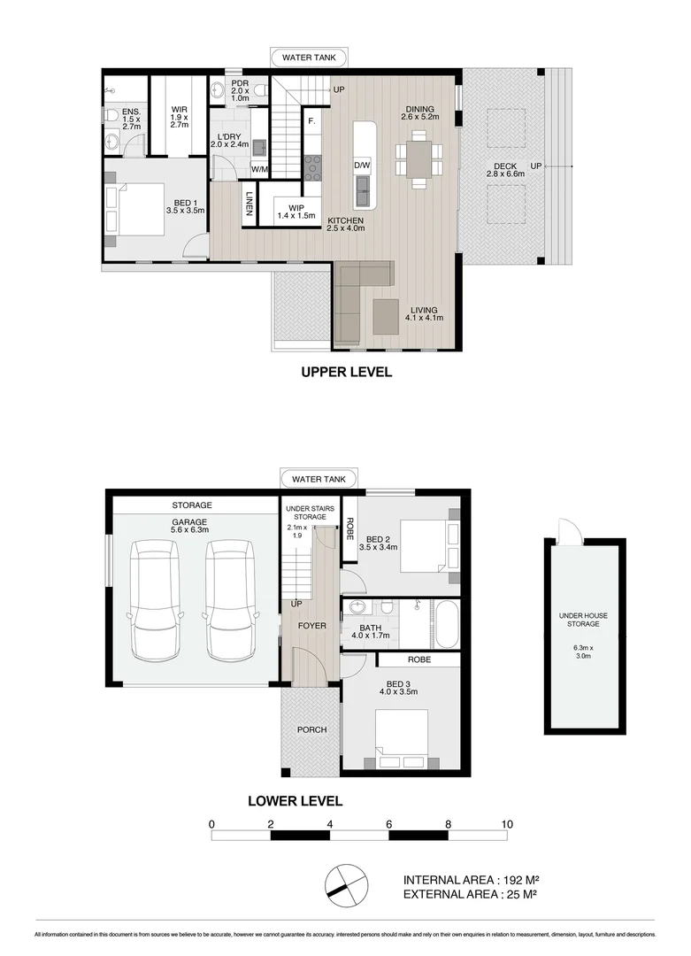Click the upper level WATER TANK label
309,58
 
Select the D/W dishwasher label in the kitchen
362,166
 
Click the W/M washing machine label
259,169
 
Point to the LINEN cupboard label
250,204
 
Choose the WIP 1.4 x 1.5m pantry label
296,212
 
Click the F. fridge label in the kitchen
311,121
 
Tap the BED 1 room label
185,206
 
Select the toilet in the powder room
260,90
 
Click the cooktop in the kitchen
312,167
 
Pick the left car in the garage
155,601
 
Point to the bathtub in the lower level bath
447,623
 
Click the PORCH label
312,729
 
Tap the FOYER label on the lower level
312,626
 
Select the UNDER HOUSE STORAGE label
583,620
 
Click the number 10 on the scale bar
507,824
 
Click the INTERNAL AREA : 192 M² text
472,880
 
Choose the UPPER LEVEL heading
347,372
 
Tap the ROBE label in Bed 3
419,659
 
